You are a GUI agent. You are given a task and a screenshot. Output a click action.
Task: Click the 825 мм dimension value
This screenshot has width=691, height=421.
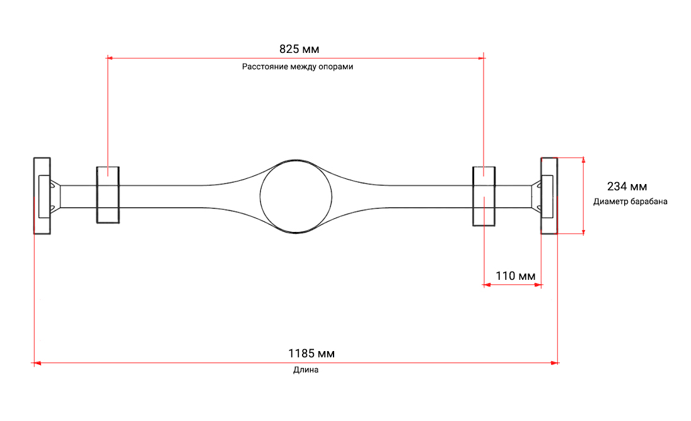tap(299, 49)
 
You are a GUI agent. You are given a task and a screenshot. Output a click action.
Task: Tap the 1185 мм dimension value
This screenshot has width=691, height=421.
tap(311, 354)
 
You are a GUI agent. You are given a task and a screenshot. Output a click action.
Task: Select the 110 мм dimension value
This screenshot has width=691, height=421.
tap(516, 276)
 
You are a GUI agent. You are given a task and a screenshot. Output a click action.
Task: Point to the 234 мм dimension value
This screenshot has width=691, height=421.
tap(627, 187)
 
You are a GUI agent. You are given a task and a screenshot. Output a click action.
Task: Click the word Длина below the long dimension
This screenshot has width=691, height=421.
tap(306, 370)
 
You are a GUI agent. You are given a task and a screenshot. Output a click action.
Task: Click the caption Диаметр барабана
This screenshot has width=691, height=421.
tap(630, 202)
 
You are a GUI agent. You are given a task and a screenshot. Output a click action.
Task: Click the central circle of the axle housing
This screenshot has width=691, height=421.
tap(260, 197)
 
